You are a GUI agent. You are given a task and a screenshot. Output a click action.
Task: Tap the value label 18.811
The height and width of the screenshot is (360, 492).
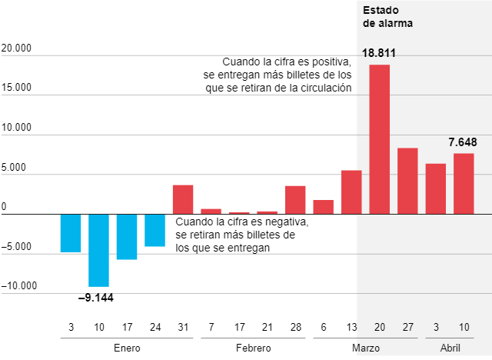tap(379, 52)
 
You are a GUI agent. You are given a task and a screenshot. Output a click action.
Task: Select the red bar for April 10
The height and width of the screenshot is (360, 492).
tap(464, 183)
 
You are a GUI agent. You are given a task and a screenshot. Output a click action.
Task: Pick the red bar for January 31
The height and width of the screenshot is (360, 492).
tap(183, 199)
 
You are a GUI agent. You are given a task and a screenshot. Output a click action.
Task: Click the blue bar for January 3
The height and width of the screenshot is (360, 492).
tap(71, 233)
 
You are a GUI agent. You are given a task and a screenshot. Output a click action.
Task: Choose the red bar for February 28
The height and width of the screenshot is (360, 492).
tap(295, 200)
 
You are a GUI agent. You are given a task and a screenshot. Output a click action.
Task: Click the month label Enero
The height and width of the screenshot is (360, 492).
tap(127, 348)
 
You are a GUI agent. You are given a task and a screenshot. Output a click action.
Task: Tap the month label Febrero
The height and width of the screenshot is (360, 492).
tap(253, 348)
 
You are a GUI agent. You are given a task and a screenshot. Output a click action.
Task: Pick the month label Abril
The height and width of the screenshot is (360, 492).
tap(450, 348)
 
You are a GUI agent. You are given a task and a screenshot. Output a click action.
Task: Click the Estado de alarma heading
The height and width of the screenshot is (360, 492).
tap(387, 17)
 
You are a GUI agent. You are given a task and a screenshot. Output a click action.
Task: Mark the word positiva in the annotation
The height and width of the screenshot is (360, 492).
tap(327, 62)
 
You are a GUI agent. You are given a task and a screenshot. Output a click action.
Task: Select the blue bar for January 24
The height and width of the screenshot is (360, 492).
tap(155, 230)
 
